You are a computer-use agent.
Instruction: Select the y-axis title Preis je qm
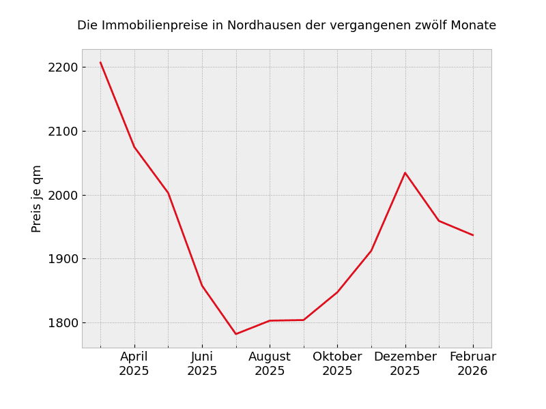[37, 198]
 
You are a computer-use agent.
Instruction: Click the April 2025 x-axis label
[134, 364]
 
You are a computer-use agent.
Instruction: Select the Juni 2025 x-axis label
[202, 364]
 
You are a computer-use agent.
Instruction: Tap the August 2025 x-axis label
[270, 364]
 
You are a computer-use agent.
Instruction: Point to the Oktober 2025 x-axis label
[337, 364]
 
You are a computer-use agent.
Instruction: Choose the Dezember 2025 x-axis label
[405, 364]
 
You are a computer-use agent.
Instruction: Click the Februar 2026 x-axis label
[473, 364]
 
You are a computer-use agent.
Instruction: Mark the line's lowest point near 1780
[236, 334]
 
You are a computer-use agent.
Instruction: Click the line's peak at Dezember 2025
[405, 172]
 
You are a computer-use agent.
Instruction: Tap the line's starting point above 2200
[100, 63]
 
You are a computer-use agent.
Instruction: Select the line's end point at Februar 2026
[473, 235]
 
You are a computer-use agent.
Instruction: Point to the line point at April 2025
[134, 147]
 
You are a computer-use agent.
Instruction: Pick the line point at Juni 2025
[202, 286]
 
